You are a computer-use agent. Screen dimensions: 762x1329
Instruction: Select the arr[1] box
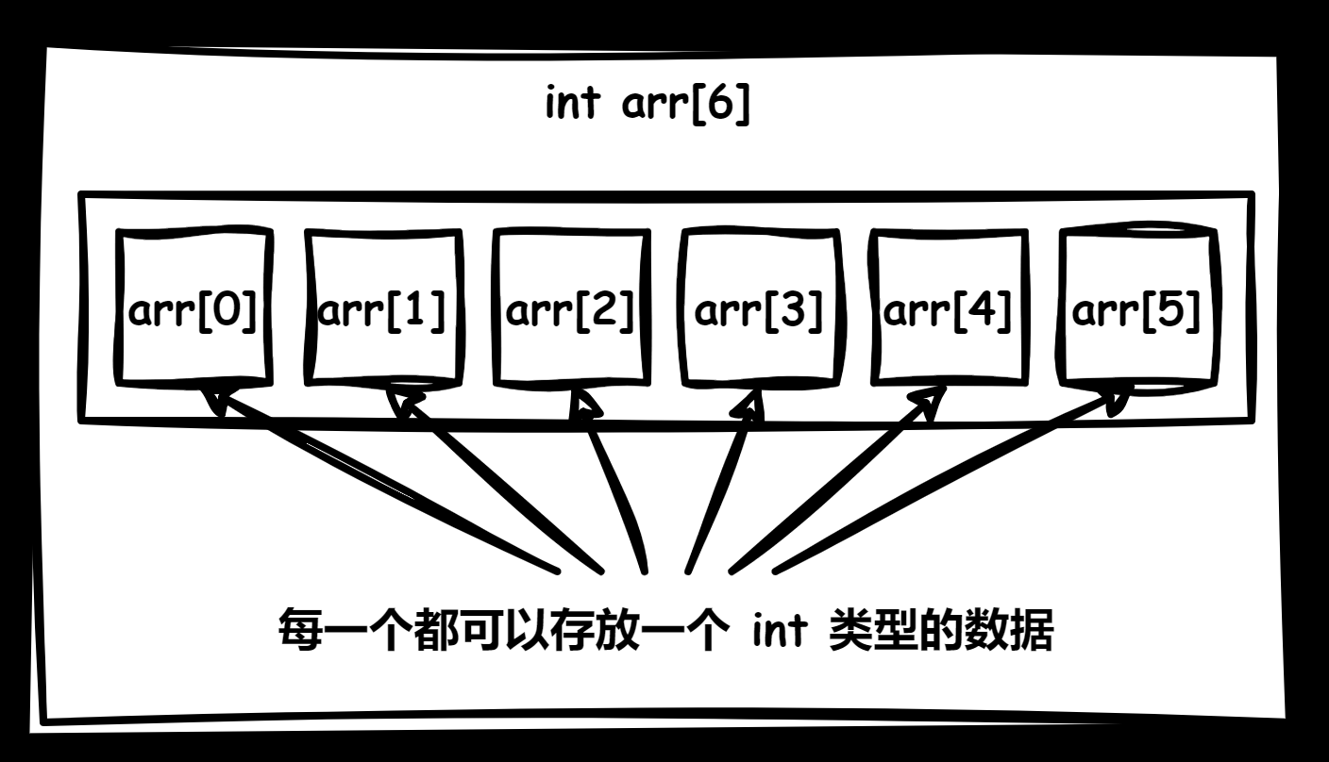[383, 308]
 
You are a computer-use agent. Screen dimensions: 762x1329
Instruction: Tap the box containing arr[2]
[570, 308]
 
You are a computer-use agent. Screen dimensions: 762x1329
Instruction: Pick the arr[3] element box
[759, 308]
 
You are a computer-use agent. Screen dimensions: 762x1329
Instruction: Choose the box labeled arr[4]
[948, 308]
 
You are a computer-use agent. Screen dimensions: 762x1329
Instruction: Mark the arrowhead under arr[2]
[587, 406]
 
